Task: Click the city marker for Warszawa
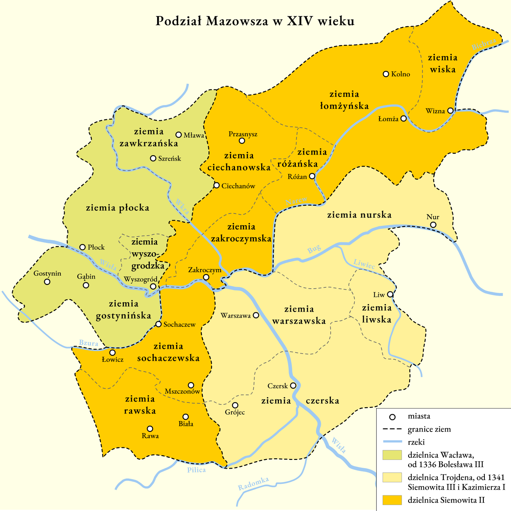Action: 256,315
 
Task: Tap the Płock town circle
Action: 82,247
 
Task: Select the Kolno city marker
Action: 386,74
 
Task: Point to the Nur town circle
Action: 433,225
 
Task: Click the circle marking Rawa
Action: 150,429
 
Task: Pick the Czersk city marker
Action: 293,385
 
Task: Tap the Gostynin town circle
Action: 47,282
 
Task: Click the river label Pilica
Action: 196,470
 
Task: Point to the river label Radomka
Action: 254,484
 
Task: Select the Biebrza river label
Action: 484,44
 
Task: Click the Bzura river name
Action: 88,343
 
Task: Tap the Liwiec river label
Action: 364,264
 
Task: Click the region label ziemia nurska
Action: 359,215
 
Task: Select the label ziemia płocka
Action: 118,208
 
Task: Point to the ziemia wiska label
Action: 443,63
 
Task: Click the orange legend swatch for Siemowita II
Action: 392,500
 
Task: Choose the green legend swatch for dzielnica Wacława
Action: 392,455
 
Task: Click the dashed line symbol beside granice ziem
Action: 392,429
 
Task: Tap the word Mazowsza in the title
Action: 237,21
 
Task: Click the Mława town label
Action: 194,135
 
